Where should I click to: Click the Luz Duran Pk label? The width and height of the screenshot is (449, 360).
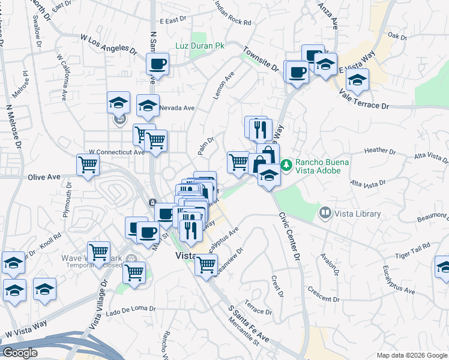click(199, 46)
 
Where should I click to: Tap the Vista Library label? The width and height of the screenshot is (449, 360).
click(358, 214)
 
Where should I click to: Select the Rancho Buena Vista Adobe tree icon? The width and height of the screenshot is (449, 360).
click(287, 163)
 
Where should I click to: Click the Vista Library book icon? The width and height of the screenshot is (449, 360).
click(325, 212)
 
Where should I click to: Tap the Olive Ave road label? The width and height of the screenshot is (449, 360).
click(44, 177)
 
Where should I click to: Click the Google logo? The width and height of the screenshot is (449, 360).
click(20, 353)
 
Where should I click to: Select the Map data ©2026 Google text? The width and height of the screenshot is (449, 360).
click(411, 355)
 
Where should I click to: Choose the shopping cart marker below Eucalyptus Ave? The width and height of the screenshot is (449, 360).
click(206, 264)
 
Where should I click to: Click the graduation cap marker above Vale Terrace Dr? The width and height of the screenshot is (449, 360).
click(357, 80)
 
